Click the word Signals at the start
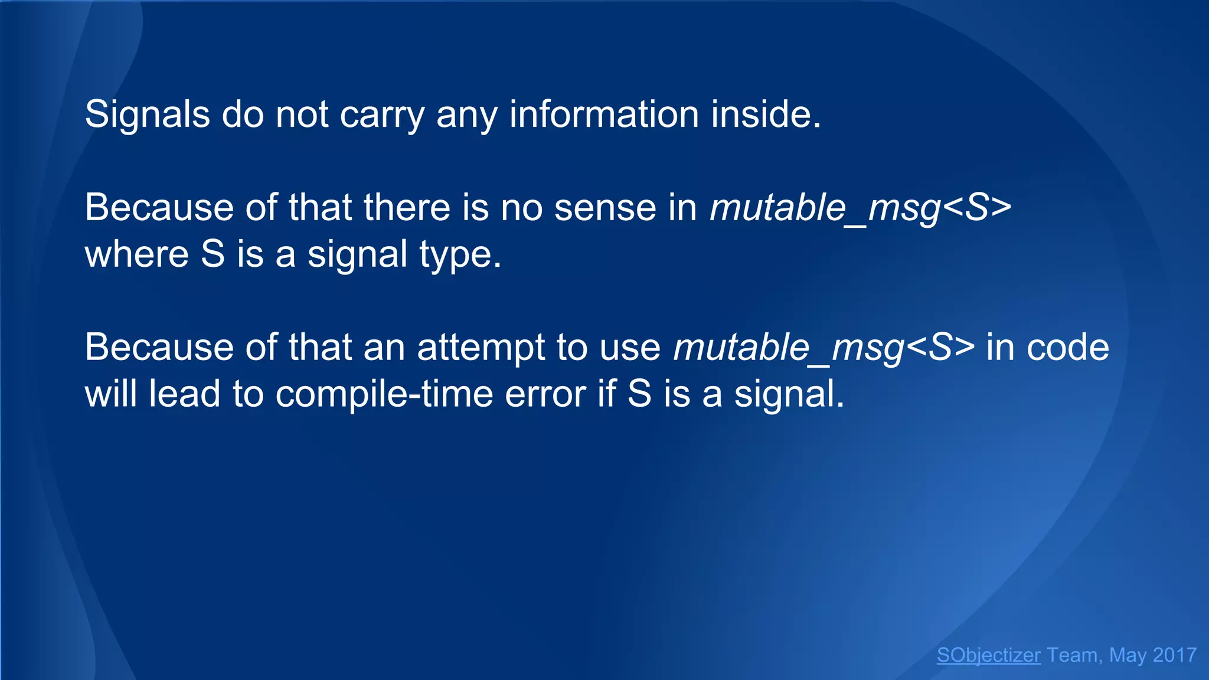pyautogui.click(x=147, y=114)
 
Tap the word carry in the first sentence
pyautogui.click(x=381, y=114)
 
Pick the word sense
pyautogui.click(x=605, y=208)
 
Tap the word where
pyautogui.click(x=136, y=254)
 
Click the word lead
pyautogui.click(x=184, y=394)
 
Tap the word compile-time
pyautogui.click(x=384, y=394)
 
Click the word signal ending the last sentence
pyautogui.click(x=789, y=394)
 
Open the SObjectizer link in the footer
pyautogui.click(x=988, y=655)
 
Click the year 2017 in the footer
pyautogui.click(x=1174, y=655)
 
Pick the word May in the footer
pyautogui.click(x=1128, y=655)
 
